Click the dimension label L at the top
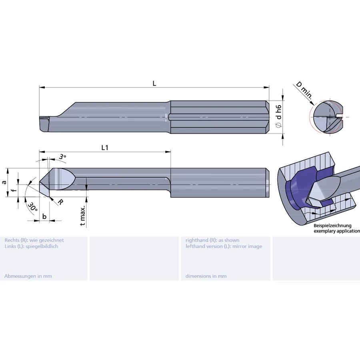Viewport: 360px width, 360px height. click(154, 83)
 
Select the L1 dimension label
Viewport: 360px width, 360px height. click(105, 148)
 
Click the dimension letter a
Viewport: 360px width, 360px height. click(4, 182)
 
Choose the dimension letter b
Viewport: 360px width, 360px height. click(44, 216)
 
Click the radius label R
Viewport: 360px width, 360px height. click(60, 202)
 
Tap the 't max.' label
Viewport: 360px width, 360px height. click(83, 216)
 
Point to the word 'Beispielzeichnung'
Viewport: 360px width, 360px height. click(332, 226)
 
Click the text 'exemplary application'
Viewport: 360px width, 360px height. click(336, 231)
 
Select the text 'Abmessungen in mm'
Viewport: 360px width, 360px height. click(28, 276)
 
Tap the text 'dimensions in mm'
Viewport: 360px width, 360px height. click(206, 276)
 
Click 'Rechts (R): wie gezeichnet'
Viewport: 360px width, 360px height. click(34, 240)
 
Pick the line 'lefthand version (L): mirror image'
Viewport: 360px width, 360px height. click(224, 246)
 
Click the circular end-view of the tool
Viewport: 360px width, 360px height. click(328, 117)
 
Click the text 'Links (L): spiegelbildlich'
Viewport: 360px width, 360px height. click(31, 246)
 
